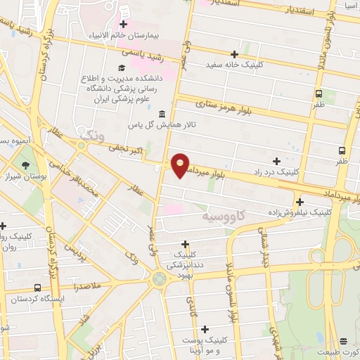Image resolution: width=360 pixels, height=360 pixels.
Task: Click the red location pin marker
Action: click(181, 164)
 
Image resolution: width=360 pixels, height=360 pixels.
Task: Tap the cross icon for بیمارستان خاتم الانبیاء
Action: click(123, 25)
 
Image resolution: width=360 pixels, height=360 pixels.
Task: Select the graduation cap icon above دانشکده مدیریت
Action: click(122, 68)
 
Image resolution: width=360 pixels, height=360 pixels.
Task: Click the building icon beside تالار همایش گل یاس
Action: click(162, 115)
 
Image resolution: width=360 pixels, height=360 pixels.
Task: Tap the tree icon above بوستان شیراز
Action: click(27, 165)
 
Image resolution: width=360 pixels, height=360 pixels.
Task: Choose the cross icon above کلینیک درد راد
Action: click(276, 161)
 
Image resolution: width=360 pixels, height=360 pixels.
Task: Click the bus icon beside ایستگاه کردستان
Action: click(37, 288)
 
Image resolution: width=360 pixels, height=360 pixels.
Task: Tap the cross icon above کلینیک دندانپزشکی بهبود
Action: click(185, 243)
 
